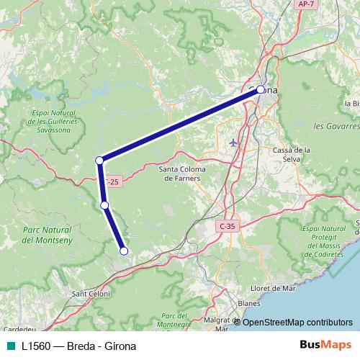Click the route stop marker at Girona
261,90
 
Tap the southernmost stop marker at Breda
124,251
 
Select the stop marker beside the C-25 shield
99,160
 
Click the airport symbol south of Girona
233,142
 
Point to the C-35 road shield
227,226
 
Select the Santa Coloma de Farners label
182,174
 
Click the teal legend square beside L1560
10,346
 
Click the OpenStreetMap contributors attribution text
297,322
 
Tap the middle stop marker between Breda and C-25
105,205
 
